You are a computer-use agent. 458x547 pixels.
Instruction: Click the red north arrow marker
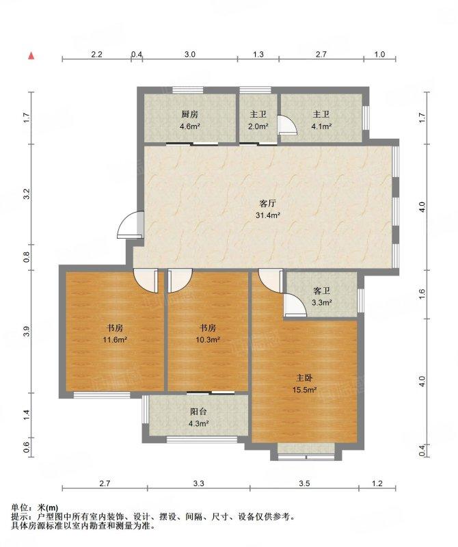[x=31, y=56]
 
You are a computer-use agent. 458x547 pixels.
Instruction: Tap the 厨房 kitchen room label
[x=189, y=114]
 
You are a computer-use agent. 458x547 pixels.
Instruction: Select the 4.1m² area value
[x=321, y=126]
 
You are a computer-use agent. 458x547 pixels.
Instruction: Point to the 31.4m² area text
[x=268, y=215]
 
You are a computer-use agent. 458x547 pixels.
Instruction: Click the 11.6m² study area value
[x=114, y=339]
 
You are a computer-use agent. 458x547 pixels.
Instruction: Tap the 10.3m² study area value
[x=208, y=339]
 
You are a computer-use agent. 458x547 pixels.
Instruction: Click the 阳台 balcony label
[x=198, y=412]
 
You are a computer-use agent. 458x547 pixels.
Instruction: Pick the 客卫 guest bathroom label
[x=321, y=291]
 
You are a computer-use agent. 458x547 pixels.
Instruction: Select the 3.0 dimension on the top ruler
[x=190, y=55]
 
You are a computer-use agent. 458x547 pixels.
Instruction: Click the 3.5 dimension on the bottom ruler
[x=304, y=483]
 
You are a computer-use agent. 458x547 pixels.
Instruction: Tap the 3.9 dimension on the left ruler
[x=26, y=332]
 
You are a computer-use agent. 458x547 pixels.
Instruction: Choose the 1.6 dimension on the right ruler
[x=422, y=294]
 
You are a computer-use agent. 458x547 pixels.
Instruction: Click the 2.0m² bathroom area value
[x=258, y=126]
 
